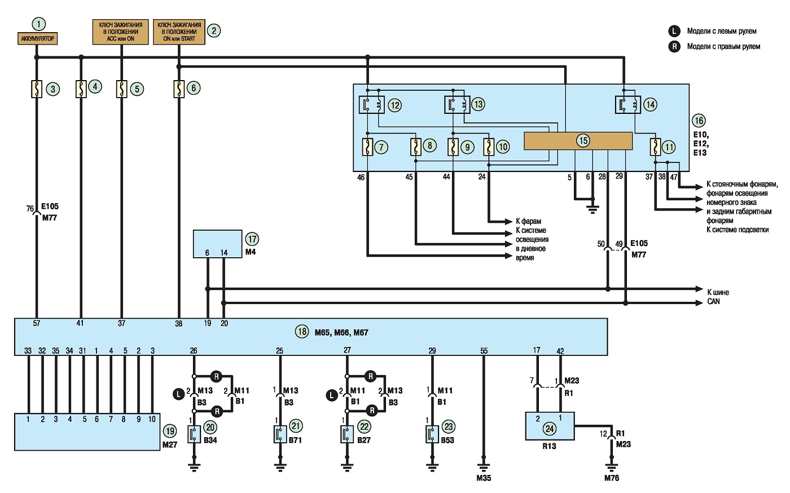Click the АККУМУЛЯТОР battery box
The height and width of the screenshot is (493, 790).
37,38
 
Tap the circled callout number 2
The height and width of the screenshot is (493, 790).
214,30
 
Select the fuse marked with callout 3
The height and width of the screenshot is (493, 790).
37,89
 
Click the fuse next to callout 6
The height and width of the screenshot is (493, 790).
179,89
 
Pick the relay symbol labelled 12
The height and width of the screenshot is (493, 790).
372,105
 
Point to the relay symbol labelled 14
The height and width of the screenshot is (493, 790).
628,105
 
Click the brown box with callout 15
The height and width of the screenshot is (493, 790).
578,141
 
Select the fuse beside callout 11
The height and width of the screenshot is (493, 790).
655,147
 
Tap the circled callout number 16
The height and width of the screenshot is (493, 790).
699,121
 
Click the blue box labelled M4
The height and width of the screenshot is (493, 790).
218,244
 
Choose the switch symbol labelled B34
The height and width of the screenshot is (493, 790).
194,434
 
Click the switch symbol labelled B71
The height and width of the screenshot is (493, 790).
280,434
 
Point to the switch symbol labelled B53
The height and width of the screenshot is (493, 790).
432,434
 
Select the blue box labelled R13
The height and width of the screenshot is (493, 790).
550,426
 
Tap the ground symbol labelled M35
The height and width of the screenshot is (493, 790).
484,468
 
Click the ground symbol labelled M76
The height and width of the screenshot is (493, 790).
612,468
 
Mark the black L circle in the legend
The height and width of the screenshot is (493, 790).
674,31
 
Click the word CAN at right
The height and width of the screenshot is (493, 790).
713,302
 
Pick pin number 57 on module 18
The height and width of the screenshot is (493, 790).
36,323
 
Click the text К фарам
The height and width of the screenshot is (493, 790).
528,221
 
